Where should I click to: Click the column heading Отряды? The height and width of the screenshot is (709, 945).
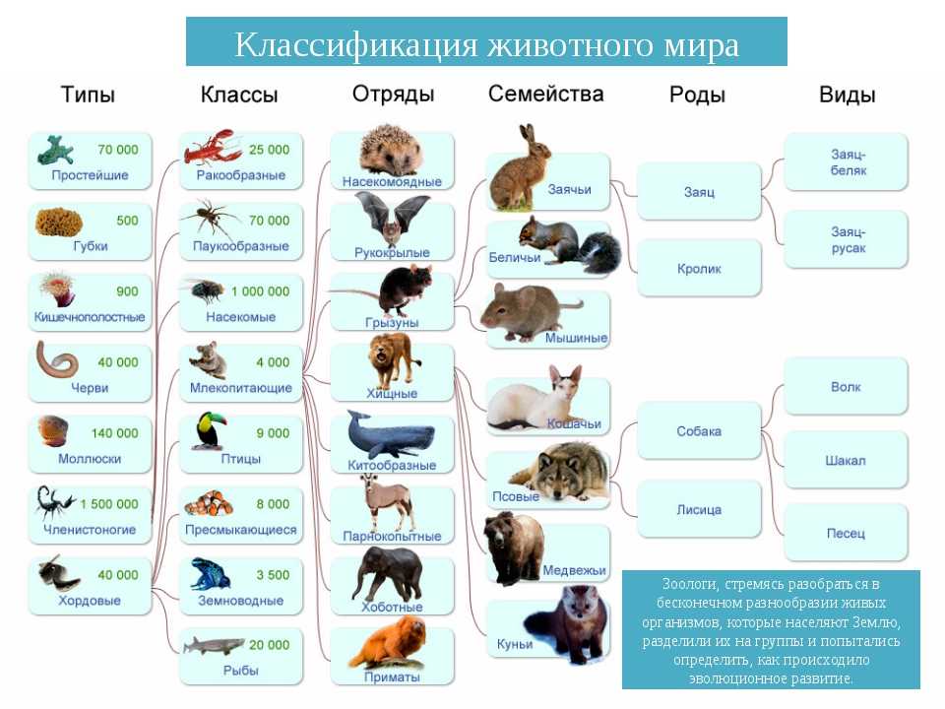coord(393,95)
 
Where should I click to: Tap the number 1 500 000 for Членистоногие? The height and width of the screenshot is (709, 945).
coord(109,504)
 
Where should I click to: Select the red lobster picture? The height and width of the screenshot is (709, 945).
coord(214,147)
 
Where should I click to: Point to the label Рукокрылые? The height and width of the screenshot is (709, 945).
coord(392,253)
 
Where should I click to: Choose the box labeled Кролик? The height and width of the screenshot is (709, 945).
coord(699,268)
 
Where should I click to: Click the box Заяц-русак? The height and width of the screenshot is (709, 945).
coord(847,239)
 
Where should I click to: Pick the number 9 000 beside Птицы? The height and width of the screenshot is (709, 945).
coord(273,433)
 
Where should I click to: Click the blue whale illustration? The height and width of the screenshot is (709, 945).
coord(391,434)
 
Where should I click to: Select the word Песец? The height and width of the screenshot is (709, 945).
coord(846,533)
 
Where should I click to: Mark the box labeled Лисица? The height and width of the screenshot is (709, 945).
coord(699,509)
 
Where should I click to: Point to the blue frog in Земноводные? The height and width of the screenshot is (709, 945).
coord(211,574)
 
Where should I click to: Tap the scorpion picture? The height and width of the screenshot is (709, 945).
coord(54,502)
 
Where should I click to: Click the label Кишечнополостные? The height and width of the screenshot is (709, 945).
coord(90,317)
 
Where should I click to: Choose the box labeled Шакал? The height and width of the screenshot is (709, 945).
coord(847,460)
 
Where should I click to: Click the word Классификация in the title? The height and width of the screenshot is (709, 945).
coord(355,44)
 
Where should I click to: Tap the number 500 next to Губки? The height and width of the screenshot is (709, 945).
coord(127,221)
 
